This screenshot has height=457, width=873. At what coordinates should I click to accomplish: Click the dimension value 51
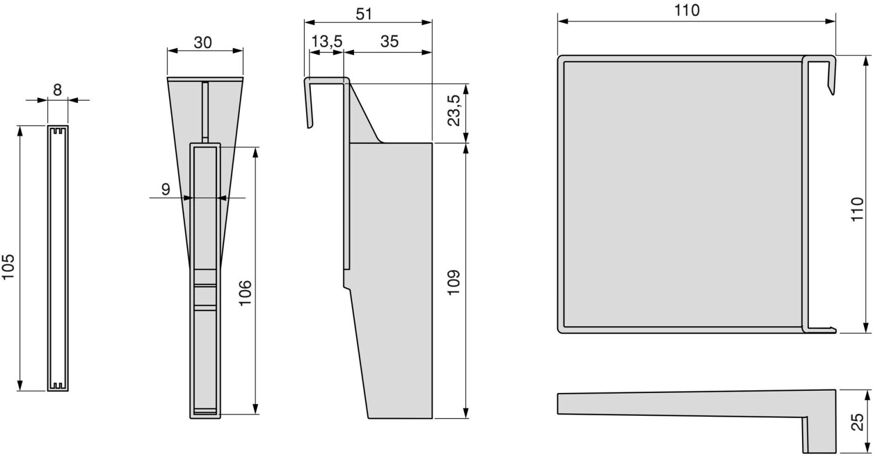pyautogui.click(x=364, y=14)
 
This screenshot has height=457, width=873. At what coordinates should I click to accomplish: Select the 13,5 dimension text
pyautogui.click(x=327, y=41)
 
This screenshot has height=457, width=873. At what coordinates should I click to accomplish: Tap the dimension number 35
pyautogui.click(x=389, y=41)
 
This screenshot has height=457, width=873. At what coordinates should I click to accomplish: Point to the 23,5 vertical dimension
pyautogui.click(x=454, y=110)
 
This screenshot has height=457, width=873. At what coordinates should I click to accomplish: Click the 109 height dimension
pyautogui.click(x=454, y=282)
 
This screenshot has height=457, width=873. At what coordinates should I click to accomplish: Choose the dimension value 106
pyautogui.click(x=245, y=292)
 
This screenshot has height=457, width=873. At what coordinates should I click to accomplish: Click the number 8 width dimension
pyautogui.click(x=57, y=90)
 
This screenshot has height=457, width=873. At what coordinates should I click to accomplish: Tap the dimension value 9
pyautogui.click(x=166, y=190)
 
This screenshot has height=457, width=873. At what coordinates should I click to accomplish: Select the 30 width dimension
pyautogui.click(x=203, y=42)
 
